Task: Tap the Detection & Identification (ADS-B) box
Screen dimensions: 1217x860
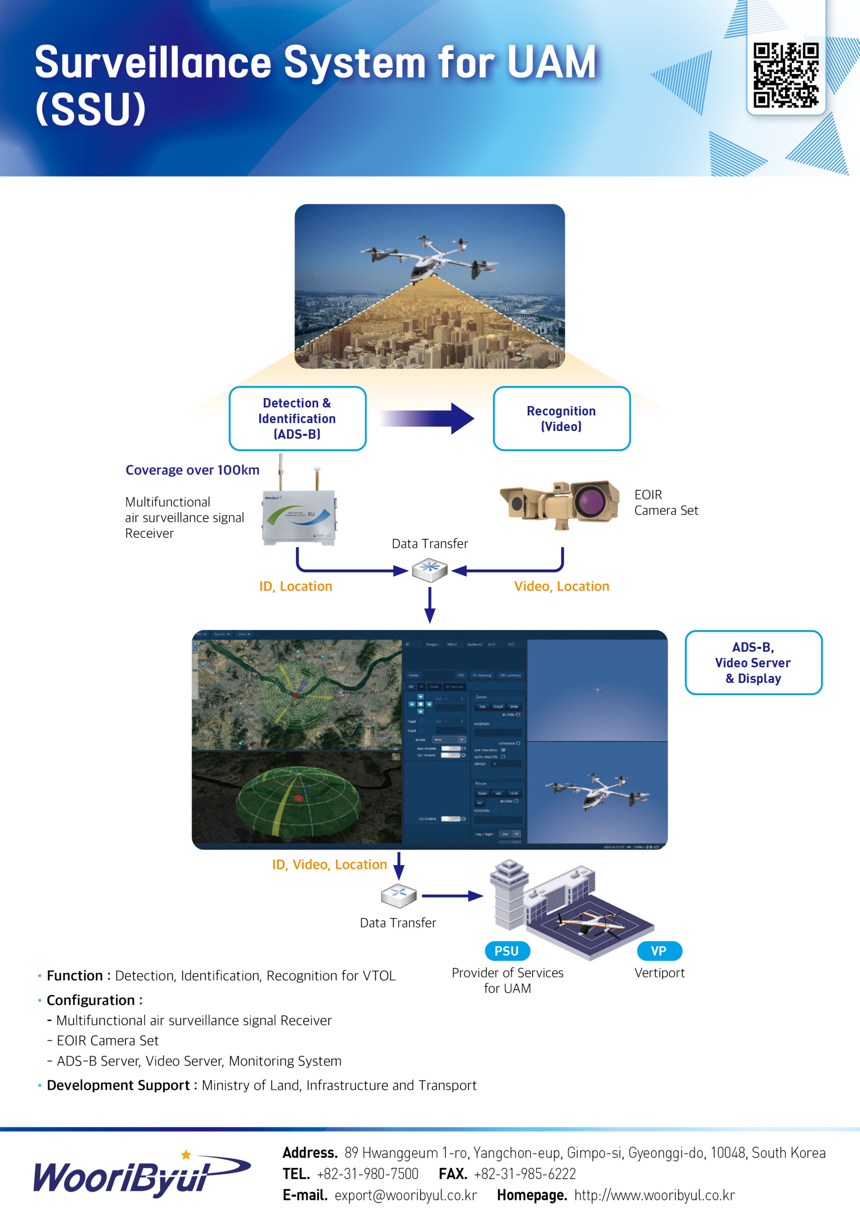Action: point(297,418)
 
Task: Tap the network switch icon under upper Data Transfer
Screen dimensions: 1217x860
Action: point(430,570)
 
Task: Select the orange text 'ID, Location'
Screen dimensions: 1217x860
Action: point(296,586)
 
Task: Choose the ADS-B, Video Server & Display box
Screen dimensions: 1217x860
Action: point(753,662)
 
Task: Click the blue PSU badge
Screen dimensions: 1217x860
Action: point(507,951)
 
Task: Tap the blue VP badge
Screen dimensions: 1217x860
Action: point(659,951)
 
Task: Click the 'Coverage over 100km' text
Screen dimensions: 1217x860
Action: point(192,470)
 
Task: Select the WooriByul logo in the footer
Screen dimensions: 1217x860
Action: point(141,1174)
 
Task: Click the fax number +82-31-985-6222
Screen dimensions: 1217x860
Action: point(525,1174)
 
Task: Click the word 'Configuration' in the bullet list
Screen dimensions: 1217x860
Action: point(91,1000)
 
